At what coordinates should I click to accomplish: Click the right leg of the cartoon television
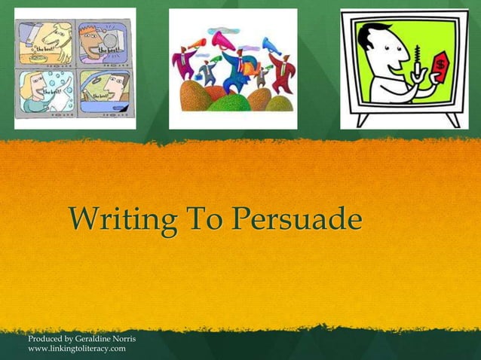(x=453, y=120)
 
